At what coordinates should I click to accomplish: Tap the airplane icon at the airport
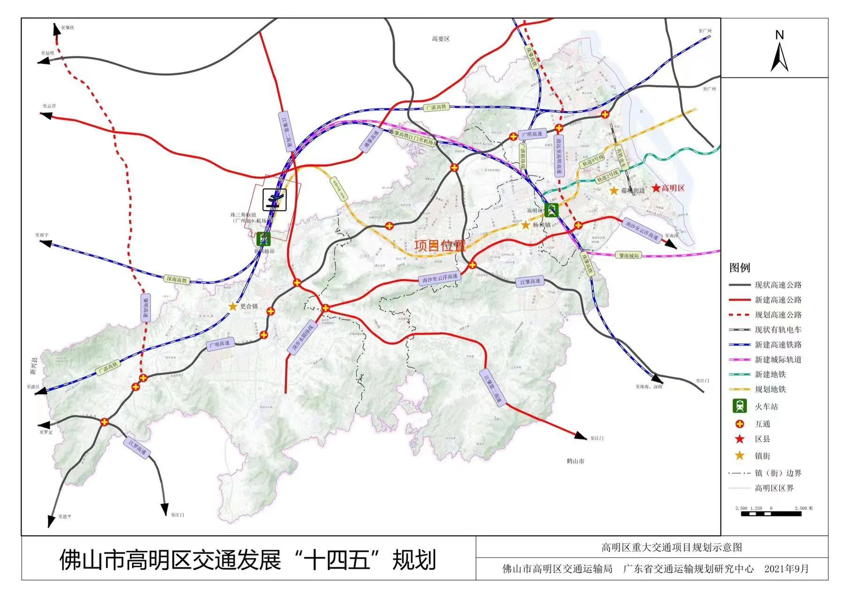click(x=275, y=200)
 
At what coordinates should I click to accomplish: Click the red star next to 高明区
click(x=656, y=188)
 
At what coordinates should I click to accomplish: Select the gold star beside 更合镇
click(x=232, y=307)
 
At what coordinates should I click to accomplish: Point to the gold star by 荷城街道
click(x=614, y=190)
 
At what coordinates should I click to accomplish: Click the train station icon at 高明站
click(x=552, y=210)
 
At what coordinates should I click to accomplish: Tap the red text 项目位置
click(x=439, y=246)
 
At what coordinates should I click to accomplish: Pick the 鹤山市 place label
click(x=575, y=461)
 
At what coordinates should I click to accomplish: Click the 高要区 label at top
click(x=440, y=39)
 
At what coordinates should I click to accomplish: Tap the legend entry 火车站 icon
click(x=740, y=406)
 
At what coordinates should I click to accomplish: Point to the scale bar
click(x=771, y=514)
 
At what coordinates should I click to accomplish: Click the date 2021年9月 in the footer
click(x=787, y=569)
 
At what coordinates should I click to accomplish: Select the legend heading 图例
click(x=739, y=268)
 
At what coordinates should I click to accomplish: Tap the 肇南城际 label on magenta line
click(x=629, y=255)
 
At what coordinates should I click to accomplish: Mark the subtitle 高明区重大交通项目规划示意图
click(x=672, y=547)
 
